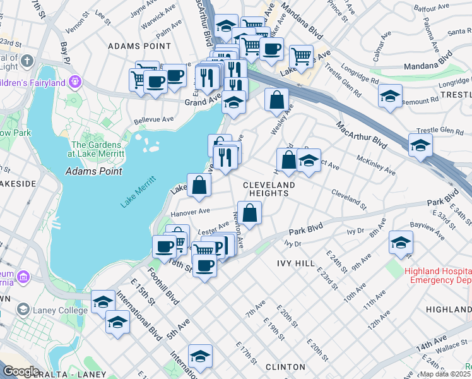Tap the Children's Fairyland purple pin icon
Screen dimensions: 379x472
75,82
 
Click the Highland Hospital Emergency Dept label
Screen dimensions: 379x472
438,275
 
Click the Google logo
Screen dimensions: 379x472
21,371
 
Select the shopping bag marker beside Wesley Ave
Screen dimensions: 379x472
276,100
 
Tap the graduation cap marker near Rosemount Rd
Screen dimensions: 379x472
391,97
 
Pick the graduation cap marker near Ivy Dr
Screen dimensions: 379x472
401,243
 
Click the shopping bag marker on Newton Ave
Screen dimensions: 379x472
250,213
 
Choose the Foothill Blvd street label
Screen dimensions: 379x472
163,285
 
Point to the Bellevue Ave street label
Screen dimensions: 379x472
153,119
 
